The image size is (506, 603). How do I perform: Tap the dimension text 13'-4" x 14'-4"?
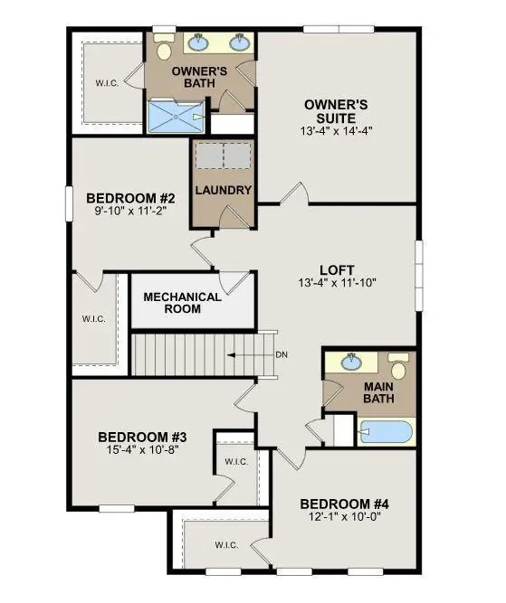[336, 130]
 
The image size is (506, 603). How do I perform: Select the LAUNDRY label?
[223, 191]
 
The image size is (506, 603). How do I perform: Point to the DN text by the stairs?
[282, 354]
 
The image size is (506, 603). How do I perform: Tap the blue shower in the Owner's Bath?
[177, 116]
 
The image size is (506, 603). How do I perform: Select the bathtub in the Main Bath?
[387, 431]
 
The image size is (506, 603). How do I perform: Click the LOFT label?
[337, 269]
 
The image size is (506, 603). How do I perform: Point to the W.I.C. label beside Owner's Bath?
[108, 84]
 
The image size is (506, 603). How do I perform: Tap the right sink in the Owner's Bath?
[240, 42]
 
